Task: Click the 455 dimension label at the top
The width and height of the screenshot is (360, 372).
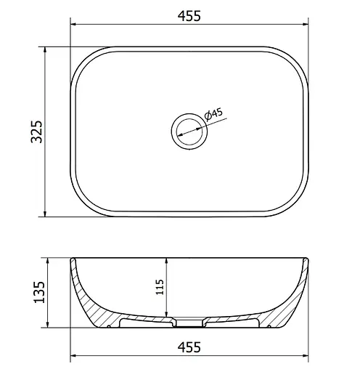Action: [x=189, y=16]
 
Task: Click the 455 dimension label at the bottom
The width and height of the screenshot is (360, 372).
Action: [x=189, y=347]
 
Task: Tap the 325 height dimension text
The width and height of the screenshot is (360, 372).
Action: [x=37, y=132]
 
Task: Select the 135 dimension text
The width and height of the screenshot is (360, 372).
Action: [x=39, y=292]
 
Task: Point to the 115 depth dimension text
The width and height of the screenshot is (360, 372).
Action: [x=160, y=287]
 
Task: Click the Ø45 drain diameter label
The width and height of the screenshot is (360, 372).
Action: [x=213, y=114]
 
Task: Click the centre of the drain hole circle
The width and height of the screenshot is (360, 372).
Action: [x=189, y=132]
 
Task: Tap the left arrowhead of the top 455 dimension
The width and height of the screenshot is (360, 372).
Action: [x=73, y=24]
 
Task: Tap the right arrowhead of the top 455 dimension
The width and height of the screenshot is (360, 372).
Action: [x=306, y=24]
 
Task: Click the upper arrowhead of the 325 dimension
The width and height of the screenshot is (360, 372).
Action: [x=45, y=49]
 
